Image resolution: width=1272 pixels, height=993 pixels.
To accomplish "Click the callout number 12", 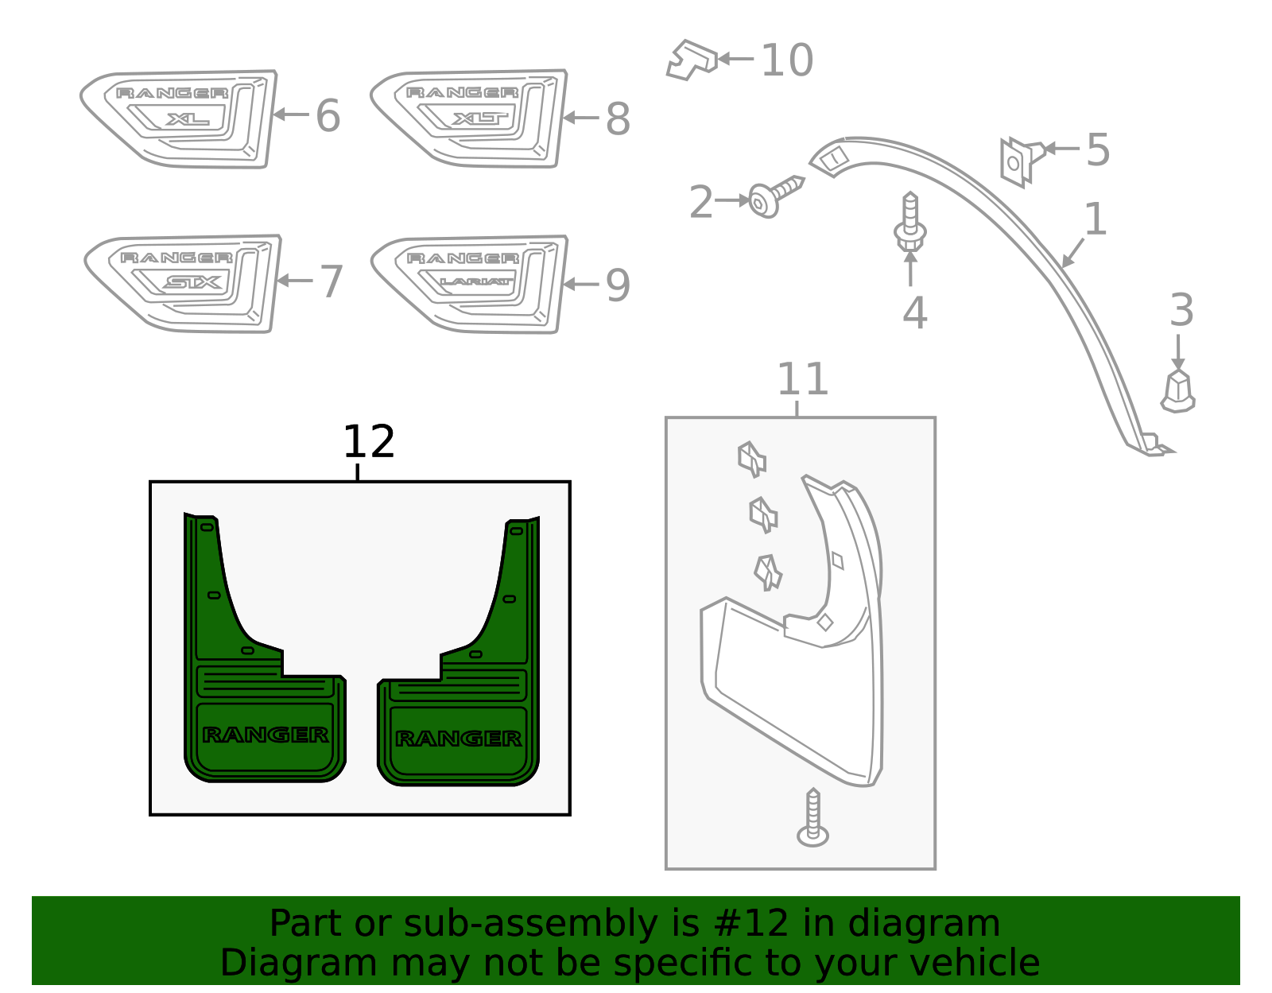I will click(x=368, y=442).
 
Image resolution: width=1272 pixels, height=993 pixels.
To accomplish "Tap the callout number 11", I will click(x=802, y=379).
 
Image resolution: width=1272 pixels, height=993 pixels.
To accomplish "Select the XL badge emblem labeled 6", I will click(x=180, y=118).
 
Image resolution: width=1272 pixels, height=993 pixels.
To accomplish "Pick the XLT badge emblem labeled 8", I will click(x=469, y=118).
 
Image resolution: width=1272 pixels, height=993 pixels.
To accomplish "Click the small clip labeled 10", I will click(x=690, y=60).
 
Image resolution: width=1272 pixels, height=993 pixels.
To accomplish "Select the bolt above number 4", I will click(x=910, y=223).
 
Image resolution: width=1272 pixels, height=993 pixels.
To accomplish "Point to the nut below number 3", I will click(x=1177, y=391).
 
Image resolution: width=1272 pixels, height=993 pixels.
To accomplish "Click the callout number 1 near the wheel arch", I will click(x=1095, y=219).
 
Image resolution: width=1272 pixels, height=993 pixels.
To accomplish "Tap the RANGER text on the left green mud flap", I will click(x=266, y=735).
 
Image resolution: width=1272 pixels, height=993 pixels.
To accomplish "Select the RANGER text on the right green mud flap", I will click(x=459, y=739).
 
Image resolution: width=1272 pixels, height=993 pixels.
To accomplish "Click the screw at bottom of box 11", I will click(x=812, y=819).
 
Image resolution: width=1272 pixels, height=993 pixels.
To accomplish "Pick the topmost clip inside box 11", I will click(x=751, y=459).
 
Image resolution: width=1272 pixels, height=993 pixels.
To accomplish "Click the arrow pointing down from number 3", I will click(x=1178, y=351).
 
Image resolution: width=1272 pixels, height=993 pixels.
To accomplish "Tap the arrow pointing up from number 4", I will click(x=910, y=269).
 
